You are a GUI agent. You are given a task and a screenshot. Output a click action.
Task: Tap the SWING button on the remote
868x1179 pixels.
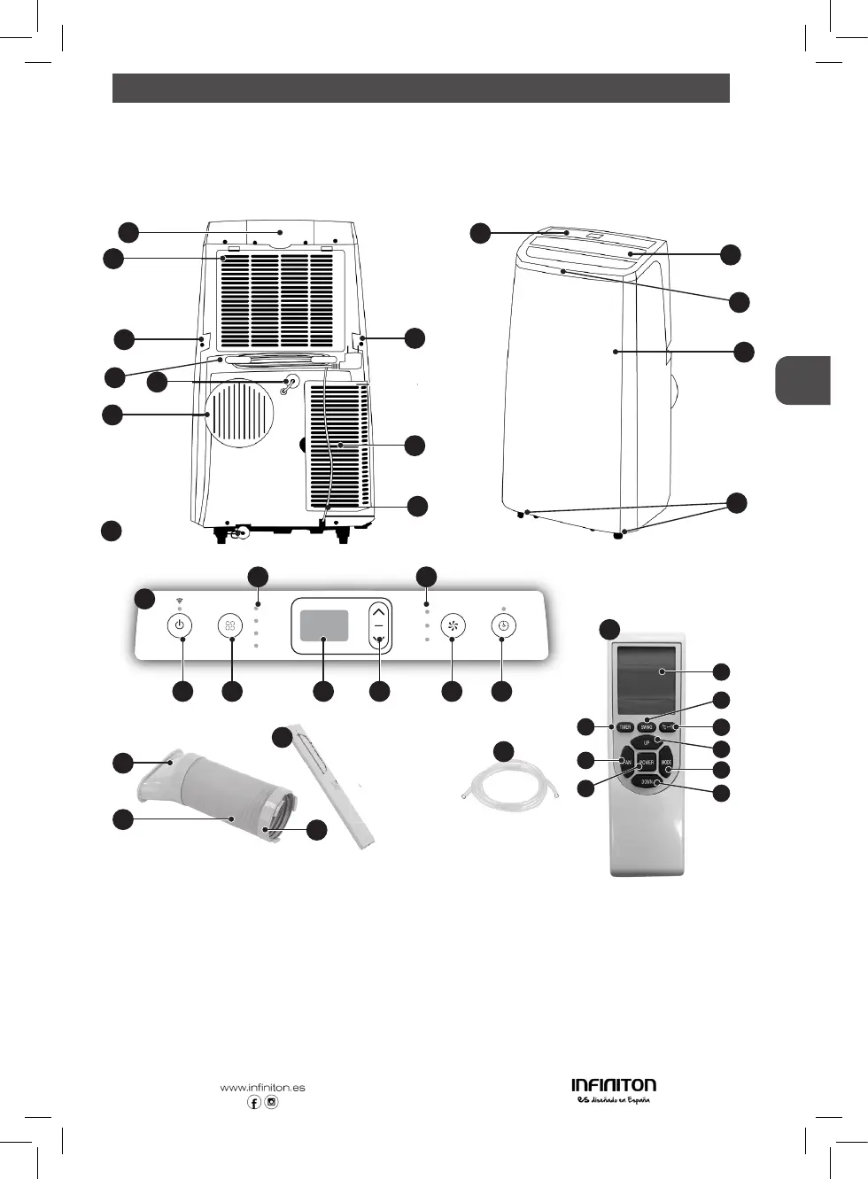(647, 727)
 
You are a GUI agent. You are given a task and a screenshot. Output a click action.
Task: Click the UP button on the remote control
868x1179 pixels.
(647, 741)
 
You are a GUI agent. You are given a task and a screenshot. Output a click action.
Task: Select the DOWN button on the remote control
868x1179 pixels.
(647, 782)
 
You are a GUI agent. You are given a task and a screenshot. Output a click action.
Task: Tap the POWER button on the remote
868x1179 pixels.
(646, 763)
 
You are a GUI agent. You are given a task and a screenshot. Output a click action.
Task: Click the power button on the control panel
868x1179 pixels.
(180, 625)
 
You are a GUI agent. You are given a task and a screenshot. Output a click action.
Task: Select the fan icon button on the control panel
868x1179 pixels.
(453, 625)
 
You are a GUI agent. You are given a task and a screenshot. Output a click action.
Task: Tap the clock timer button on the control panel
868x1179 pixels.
(503, 625)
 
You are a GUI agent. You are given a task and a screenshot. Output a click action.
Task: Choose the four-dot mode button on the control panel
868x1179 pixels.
(230, 625)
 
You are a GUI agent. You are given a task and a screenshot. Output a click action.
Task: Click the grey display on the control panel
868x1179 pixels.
(323, 625)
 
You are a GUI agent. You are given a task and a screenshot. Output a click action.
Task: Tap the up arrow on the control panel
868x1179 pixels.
(379, 611)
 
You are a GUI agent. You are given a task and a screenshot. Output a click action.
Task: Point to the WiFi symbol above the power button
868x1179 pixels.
(180, 601)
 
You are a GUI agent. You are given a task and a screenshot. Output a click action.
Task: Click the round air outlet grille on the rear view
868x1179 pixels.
(239, 413)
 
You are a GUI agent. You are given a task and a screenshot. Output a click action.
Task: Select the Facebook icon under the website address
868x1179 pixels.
(254, 1103)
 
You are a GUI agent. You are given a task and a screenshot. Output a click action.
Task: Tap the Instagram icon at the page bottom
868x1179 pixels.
(272, 1103)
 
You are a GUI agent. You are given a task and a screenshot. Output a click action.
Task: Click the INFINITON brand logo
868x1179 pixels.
(614, 1085)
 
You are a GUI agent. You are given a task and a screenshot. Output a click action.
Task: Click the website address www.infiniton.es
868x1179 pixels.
(262, 1088)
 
